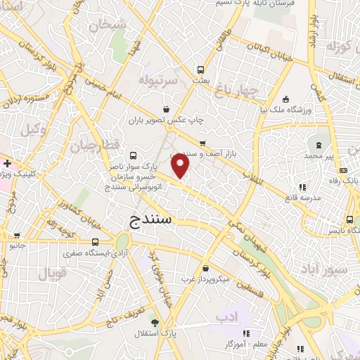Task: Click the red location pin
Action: (181, 167)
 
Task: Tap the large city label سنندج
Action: (153, 221)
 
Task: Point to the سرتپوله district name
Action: (157, 78)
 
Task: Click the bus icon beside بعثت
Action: (200, 70)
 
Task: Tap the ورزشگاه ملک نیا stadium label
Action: (285, 109)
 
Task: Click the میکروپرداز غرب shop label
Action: (205, 279)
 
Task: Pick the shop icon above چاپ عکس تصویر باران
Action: (166, 109)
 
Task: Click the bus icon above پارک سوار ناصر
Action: (134, 156)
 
